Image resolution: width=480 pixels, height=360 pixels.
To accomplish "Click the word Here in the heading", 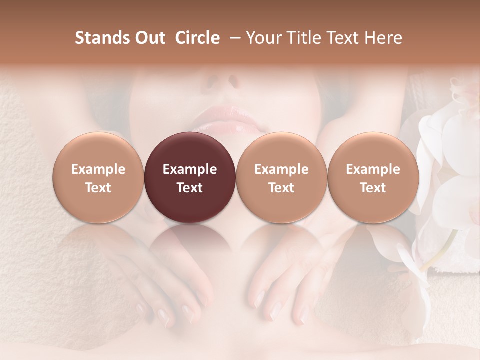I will [x=383, y=38].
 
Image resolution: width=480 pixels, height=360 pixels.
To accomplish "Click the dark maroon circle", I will [x=190, y=177].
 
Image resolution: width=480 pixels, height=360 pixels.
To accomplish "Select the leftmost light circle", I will [x=98, y=177].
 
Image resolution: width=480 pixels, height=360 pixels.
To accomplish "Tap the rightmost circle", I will [x=373, y=177].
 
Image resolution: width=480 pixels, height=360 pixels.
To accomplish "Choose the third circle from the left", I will [x=281, y=177].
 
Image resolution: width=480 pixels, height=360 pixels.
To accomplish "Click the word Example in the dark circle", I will [x=190, y=169].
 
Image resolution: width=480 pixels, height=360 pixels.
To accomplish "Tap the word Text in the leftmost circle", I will [x=98, y=188].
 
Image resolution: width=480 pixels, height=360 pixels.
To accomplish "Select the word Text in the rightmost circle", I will [x=373, y=188].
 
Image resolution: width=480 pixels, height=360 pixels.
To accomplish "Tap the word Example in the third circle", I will [x=281, y=169].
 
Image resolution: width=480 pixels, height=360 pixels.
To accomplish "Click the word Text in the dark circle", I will [x=190, y=188].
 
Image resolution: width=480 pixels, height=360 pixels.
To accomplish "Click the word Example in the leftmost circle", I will [x=98, y=169].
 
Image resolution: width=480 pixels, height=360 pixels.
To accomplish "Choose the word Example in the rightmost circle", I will [x=373, y=169].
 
